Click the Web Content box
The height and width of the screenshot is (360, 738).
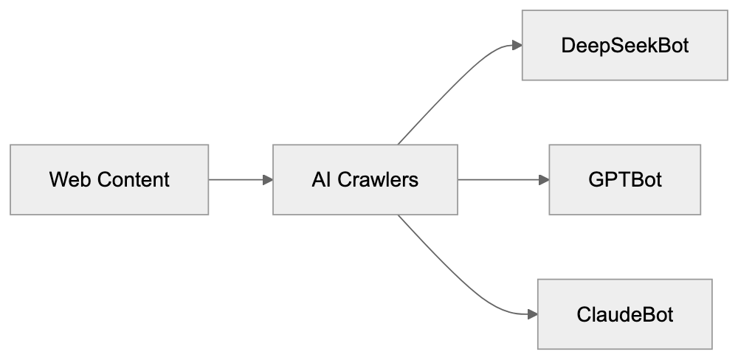pos(109,179)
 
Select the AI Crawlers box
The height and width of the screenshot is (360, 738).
pos(365,179)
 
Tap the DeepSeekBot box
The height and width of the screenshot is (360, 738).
pos(624,46)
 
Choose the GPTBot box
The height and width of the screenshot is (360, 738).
pos(624,179)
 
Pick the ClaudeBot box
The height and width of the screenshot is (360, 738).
pos(624,314)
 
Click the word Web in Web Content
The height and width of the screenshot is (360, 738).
pos(65,179)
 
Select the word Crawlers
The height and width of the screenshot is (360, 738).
pos(378,179)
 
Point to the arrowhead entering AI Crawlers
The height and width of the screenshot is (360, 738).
pos(268,179)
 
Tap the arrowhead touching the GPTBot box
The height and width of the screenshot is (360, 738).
pos(544,179)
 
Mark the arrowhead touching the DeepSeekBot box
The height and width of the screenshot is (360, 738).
pos(517,46)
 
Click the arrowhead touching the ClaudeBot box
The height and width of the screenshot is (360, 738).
pos(531,314)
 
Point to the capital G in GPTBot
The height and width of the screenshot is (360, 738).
pos(594,179)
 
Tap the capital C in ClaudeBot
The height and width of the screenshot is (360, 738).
pos(583,315)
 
